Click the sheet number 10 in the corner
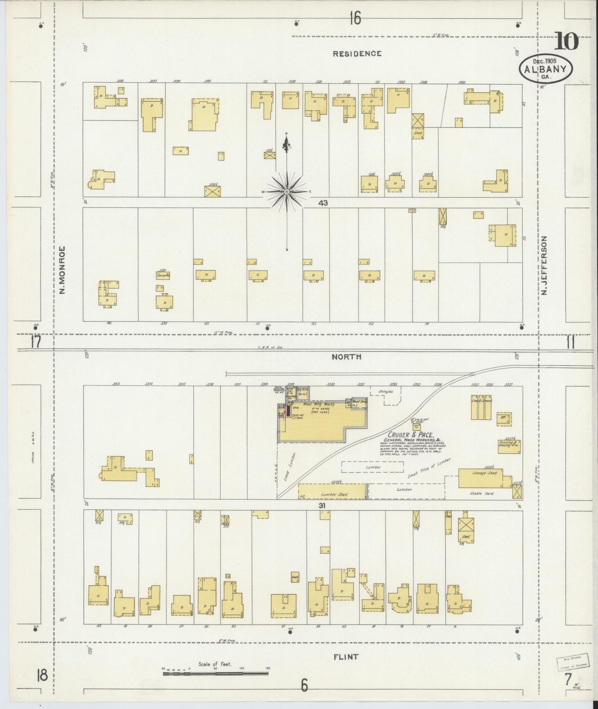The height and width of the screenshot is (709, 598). click(567, 42)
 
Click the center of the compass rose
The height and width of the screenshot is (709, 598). click(286, 192)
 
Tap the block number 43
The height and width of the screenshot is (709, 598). click(323, 203)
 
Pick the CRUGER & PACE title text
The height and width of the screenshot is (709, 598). click(408, 435)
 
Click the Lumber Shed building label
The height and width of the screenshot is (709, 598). click(334, 494)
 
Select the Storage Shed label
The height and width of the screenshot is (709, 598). click(484, 473)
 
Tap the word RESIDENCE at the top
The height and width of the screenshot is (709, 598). click(357, 53)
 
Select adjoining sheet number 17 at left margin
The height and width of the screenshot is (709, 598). click(36, 343)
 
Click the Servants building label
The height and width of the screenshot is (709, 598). click(163, 275)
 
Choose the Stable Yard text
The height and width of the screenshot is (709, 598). click(482, 493)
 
